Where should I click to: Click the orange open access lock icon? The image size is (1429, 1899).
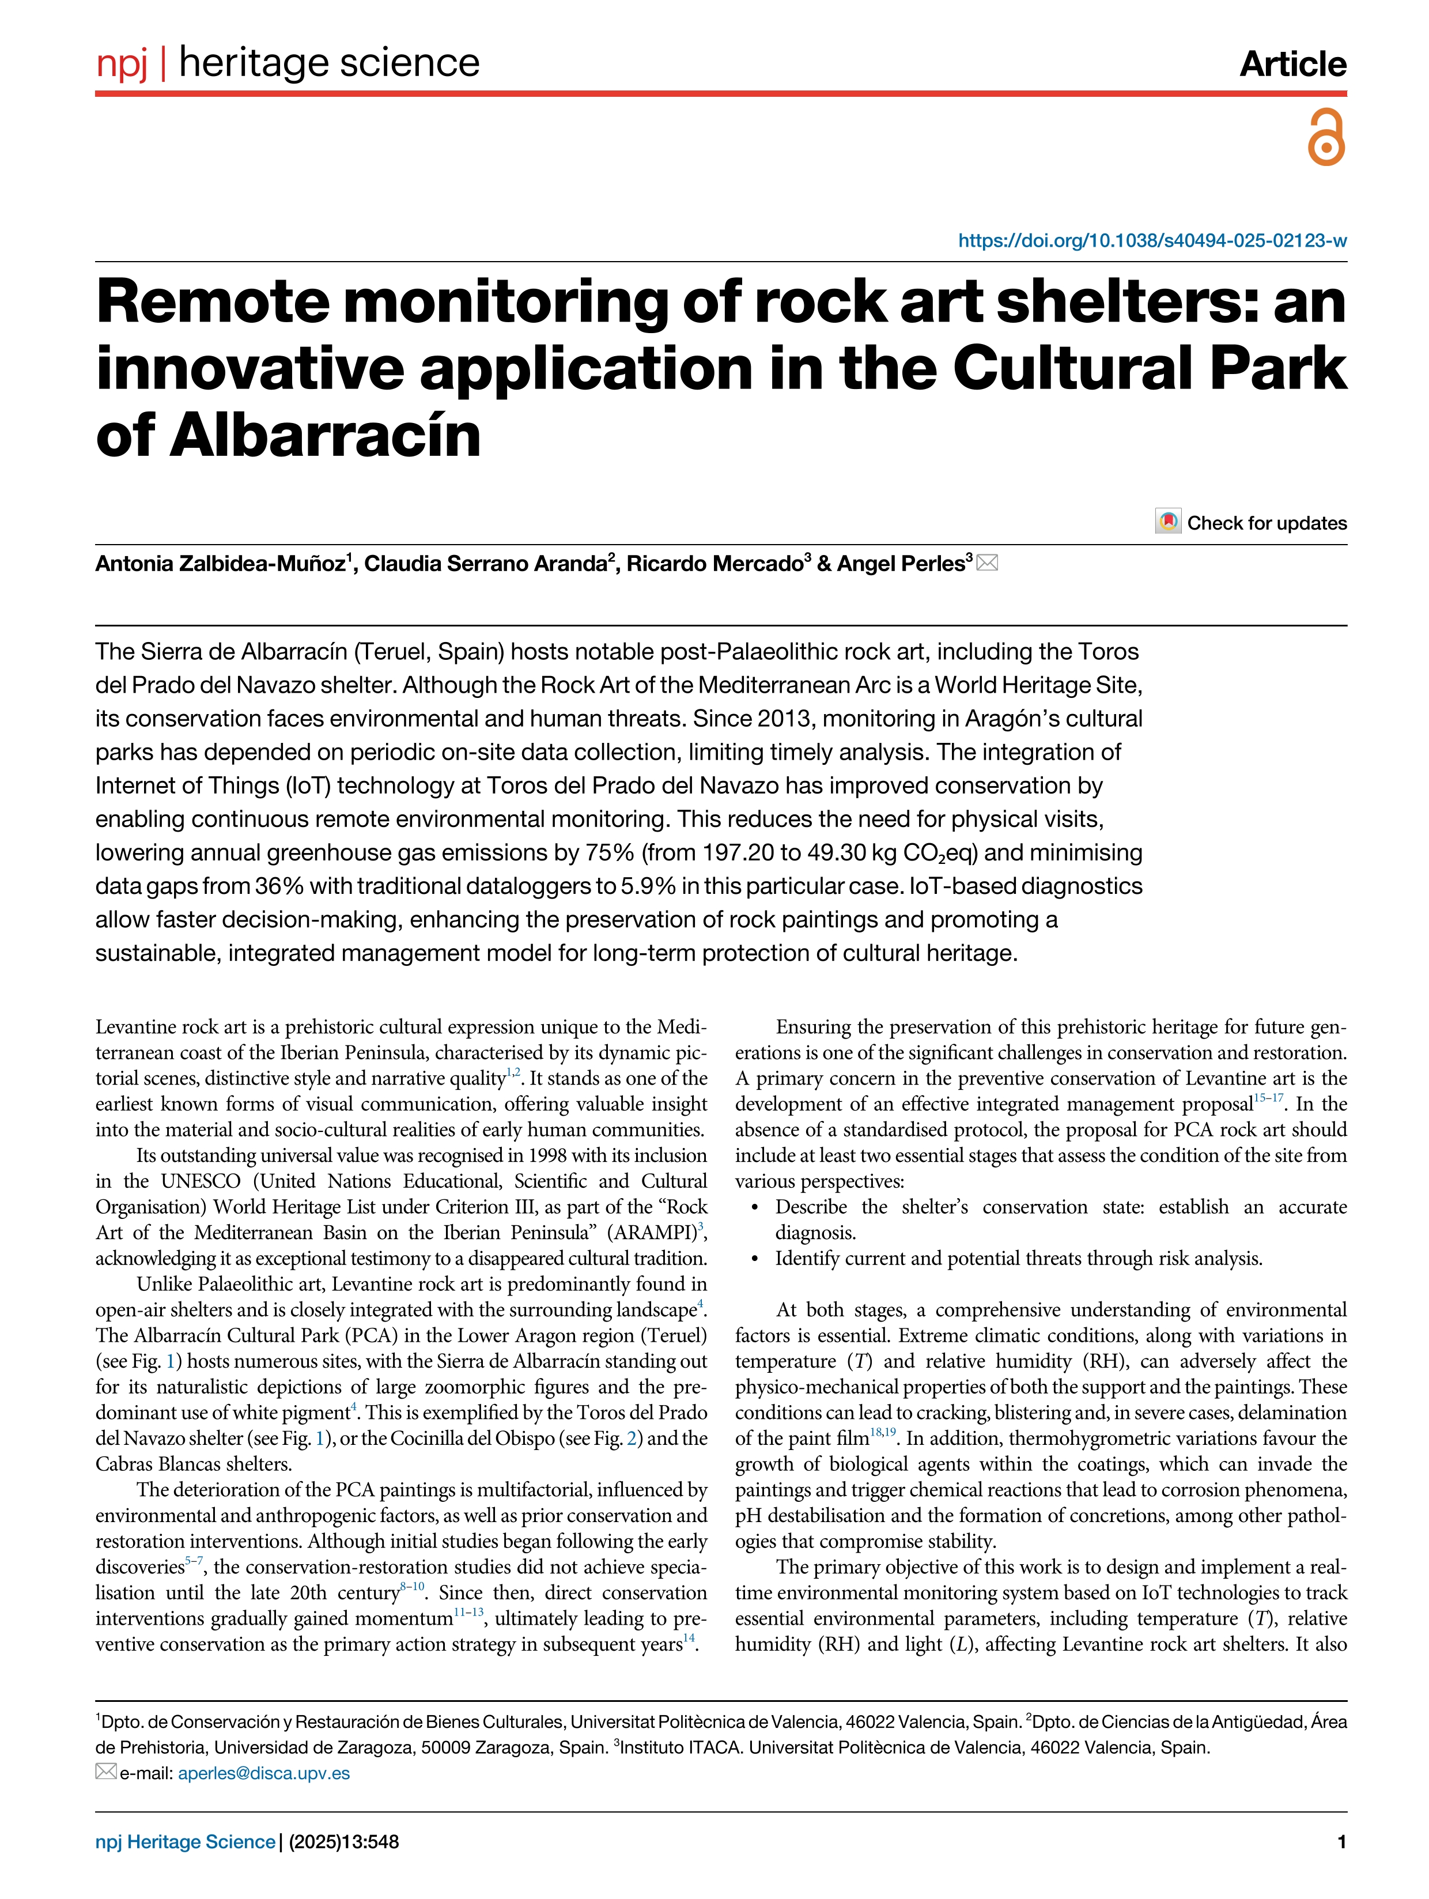(1325, 137)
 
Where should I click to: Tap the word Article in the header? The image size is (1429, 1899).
(1292, 63)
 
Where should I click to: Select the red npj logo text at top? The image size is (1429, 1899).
(122, 63)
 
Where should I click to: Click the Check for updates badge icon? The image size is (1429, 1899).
(1167, 522)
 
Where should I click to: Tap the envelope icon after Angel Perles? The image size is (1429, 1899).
(987, 563)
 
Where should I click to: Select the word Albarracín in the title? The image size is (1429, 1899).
(326, 436)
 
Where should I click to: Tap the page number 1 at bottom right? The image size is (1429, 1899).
(1341, 1841)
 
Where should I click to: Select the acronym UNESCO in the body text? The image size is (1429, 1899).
(201, 1181)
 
